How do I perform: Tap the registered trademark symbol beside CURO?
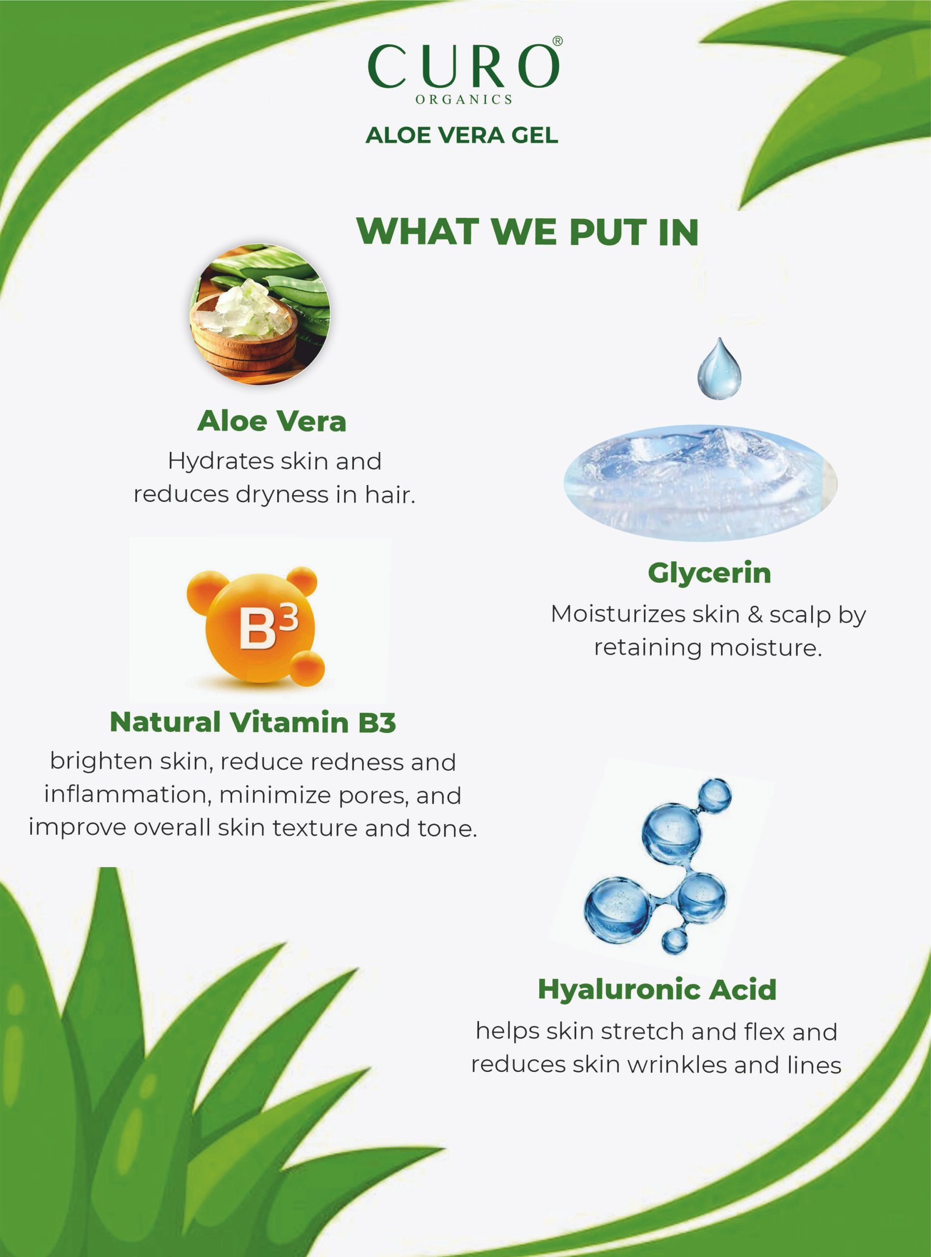coord(557,41)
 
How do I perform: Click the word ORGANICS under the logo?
coord(464,100)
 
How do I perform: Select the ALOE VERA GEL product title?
coord(462,135)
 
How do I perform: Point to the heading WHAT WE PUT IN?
coord(528,232)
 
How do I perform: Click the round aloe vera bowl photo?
coord(260,314)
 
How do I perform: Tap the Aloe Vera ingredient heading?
coord(272,421)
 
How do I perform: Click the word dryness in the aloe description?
coord(282,495)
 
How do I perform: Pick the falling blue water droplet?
coord(720,369)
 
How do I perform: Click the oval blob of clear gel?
coord(700,483)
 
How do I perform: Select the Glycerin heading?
coord(709,573)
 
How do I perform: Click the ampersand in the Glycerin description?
coord(755,615)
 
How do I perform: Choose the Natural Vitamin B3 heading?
coord(253,722)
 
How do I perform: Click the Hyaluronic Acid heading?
coord(657,989)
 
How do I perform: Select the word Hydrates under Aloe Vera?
coord(221,462)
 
